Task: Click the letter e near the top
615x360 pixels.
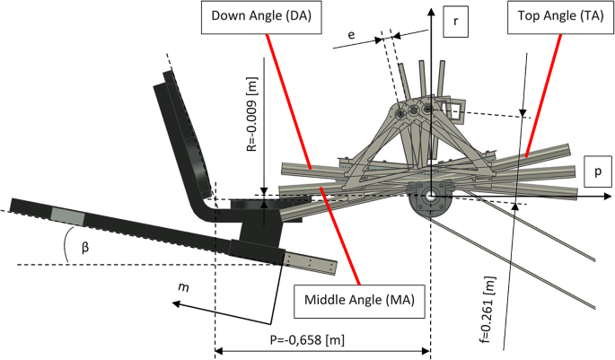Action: point(351,33)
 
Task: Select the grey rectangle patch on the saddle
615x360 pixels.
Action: point(67,216)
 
